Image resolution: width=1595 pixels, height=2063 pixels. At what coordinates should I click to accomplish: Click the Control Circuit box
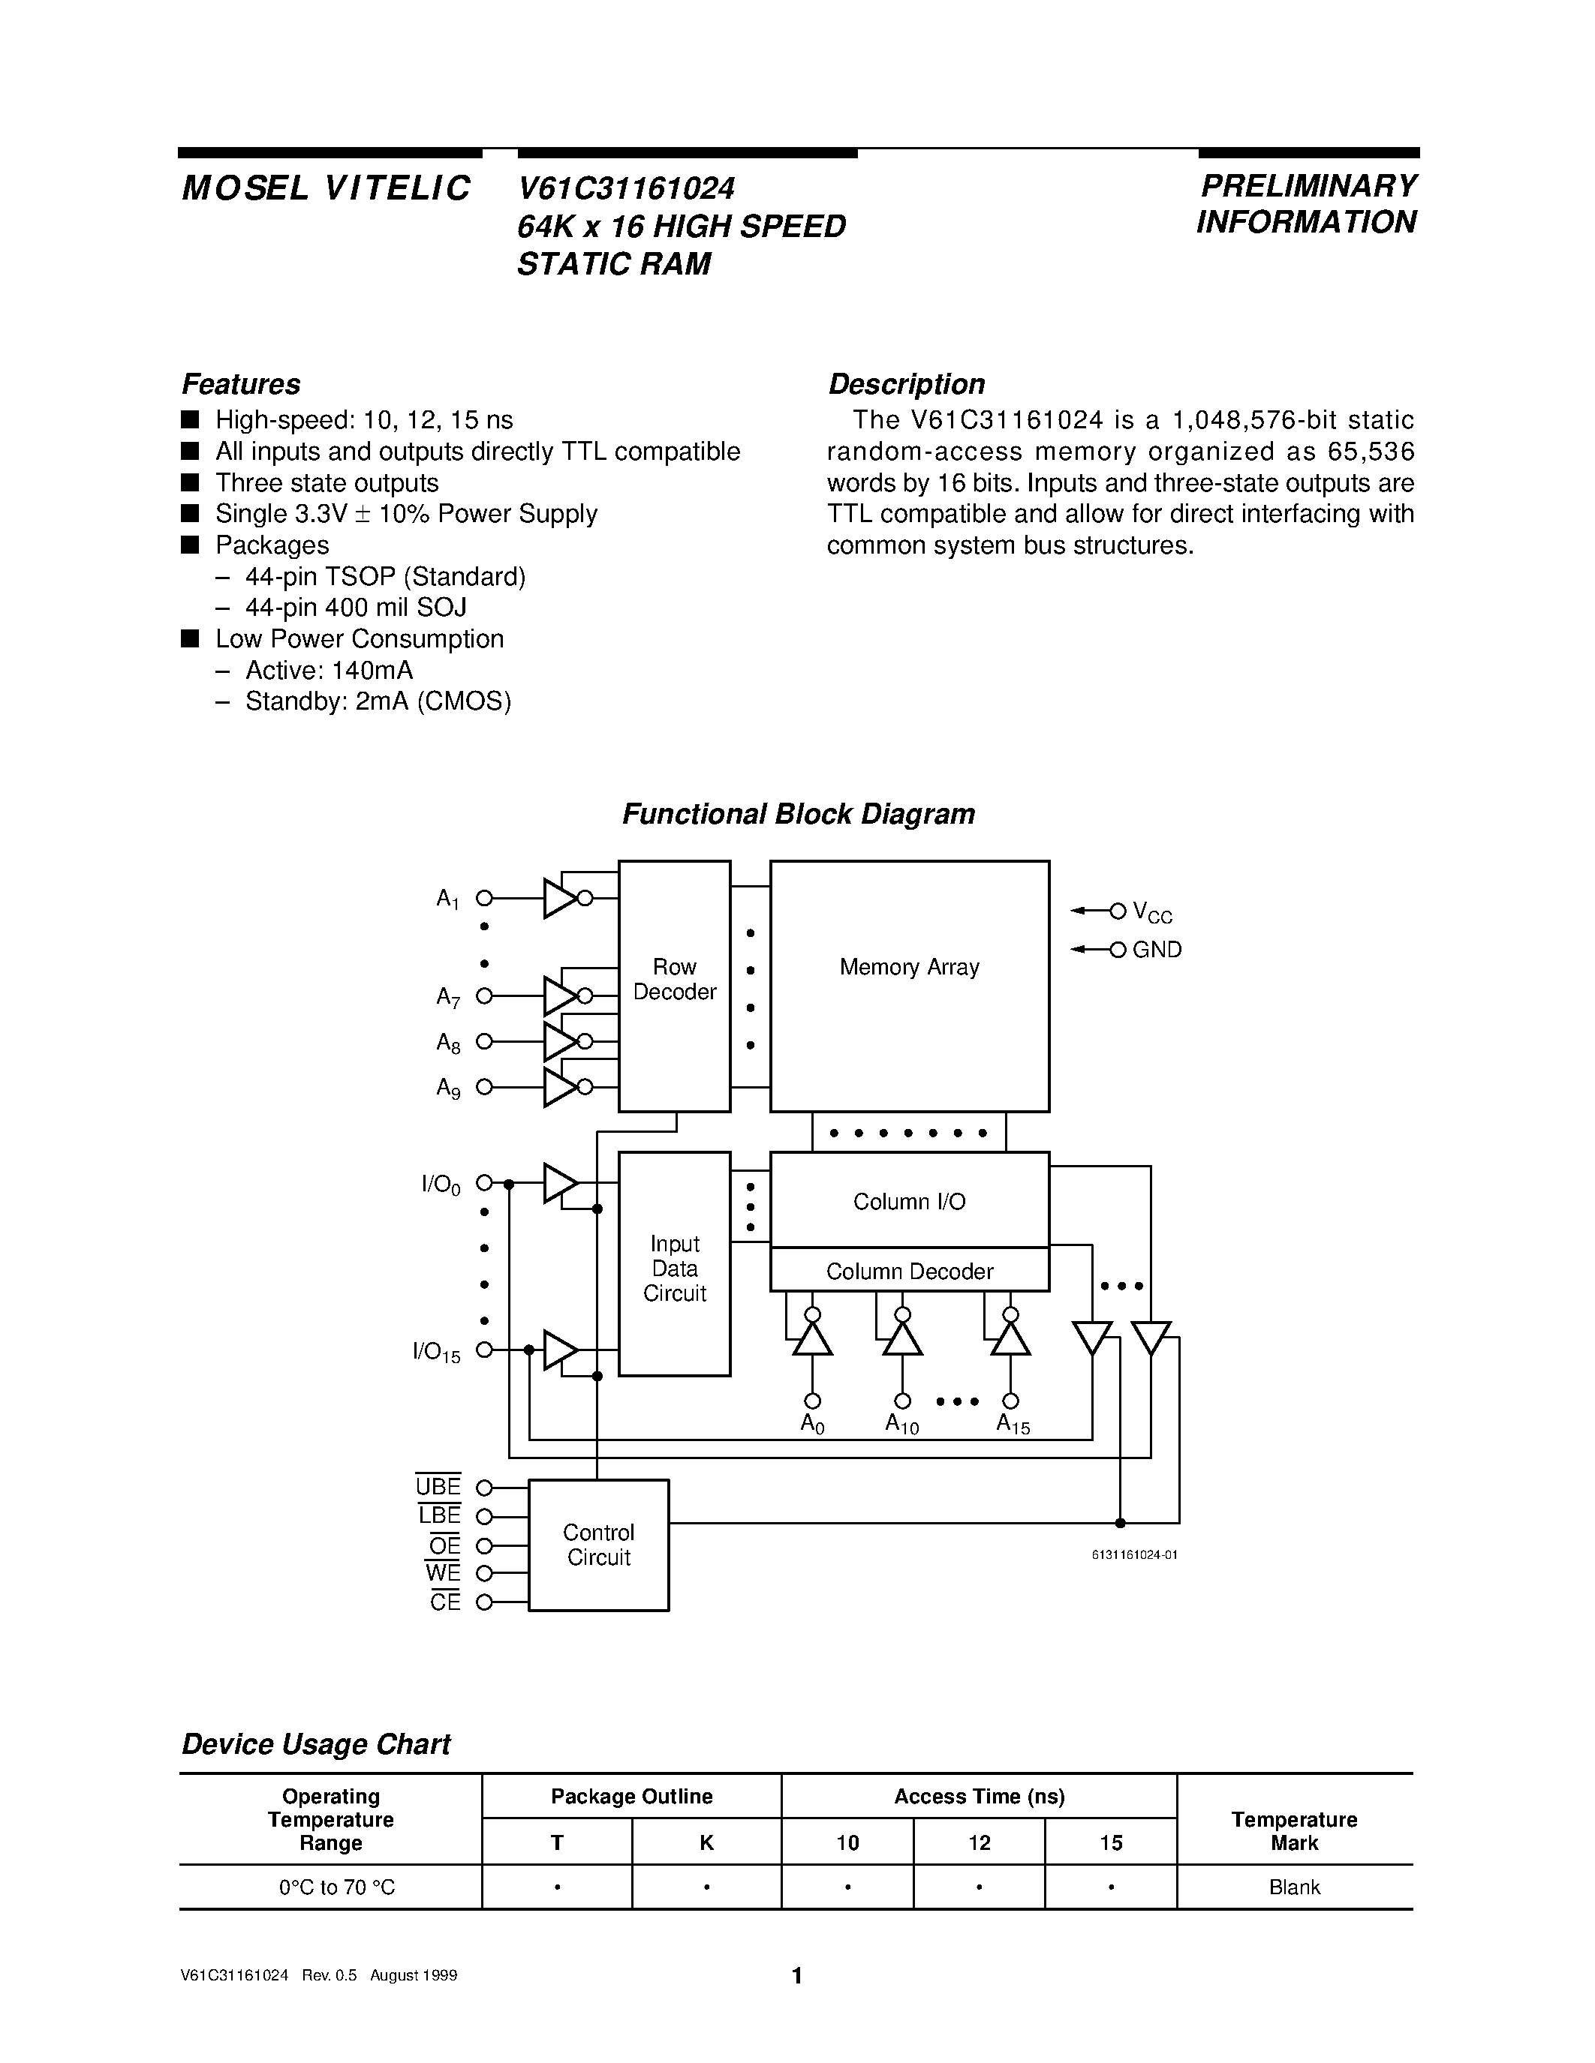598,1545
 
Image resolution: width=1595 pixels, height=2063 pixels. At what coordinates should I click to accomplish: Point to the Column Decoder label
909,1272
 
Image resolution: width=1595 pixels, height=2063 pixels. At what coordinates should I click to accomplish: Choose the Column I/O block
909,1200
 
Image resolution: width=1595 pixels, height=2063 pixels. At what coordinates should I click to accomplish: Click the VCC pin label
1152,912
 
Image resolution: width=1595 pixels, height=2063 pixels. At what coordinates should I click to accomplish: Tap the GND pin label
1157,949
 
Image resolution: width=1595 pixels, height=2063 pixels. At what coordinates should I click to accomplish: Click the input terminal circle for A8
484,1041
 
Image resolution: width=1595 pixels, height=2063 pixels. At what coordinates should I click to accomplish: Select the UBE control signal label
438,1487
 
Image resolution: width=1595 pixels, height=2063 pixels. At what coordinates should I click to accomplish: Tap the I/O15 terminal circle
484,1350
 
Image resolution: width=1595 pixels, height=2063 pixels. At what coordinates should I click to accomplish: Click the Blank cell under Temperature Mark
1293,1887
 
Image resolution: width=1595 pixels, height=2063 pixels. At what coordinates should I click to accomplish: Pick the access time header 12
979,1842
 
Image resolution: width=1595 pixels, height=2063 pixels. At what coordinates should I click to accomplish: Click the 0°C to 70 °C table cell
336,1887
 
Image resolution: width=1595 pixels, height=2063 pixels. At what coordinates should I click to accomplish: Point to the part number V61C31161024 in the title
625,189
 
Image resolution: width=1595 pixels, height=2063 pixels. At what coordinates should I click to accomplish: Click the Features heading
241,384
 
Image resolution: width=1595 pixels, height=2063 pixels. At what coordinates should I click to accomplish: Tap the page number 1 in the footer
796,1975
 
